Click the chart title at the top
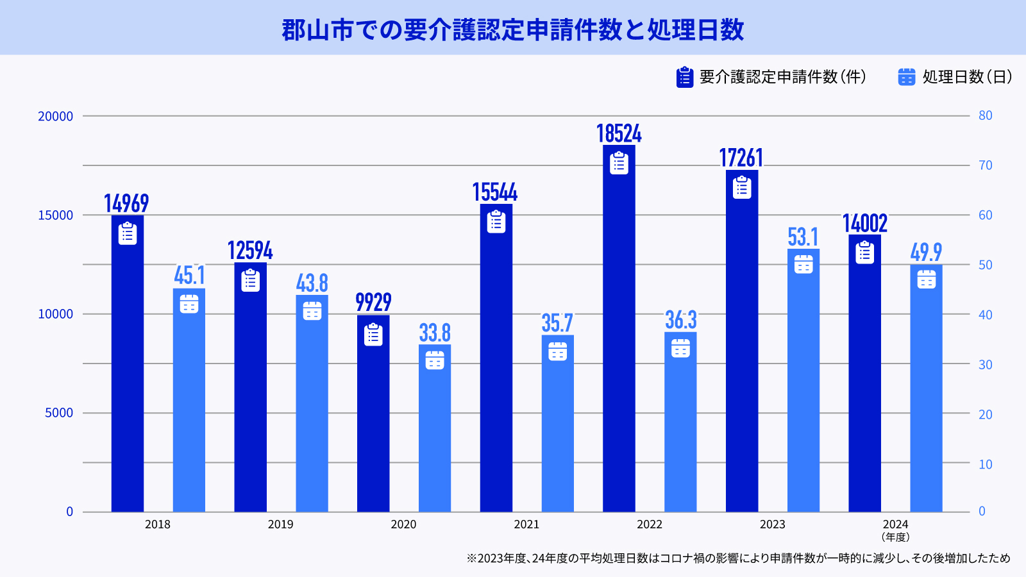click(x=512, y=29)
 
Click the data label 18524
click(x=619, y=133)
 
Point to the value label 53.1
click(x=803, y=237)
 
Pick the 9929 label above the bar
click(x=373, y=302)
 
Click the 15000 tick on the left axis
click(x=56, y=215)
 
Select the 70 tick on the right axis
click(x=985, y=165)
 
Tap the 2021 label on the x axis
click(x=526, y=524)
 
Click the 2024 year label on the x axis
click(x=895, y=524)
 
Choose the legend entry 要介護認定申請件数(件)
click(x=782, y=77)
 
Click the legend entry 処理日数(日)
click(x=967, y=77)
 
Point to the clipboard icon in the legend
click(x=685, y=77)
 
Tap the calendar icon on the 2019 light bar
click(x=312, y=310)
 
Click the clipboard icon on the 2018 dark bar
click(x=128, y=233)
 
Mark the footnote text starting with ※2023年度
click(x=737, y=558)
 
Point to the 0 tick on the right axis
click(x=982, y=512)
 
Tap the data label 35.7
click(x=557, y=323)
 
